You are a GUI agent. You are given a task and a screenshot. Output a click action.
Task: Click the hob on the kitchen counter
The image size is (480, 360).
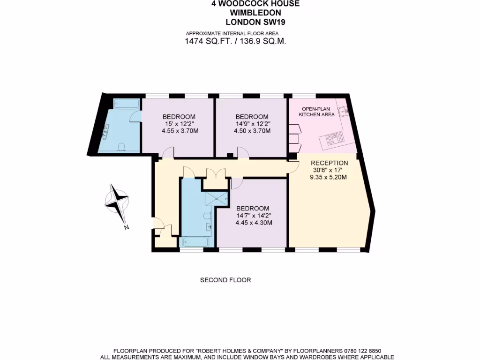coord(332,138)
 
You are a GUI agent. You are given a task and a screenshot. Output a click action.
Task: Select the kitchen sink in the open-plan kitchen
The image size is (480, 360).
coord(344,111)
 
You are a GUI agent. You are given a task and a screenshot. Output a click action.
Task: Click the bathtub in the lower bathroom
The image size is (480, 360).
coord(196,242)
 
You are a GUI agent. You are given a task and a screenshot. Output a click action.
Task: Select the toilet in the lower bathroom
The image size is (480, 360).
coord(207,216)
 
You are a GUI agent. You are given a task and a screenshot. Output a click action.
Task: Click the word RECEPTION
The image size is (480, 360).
coord(330,163)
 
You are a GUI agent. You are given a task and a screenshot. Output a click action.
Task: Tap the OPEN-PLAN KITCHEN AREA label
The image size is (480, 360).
coord(319,112)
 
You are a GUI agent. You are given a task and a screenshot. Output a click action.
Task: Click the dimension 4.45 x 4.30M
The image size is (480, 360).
coord(254,223)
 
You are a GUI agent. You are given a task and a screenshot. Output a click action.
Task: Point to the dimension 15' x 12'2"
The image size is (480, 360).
coord(179,124)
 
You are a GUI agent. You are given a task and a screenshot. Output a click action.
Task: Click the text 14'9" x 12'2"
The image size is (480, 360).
coord(252,124)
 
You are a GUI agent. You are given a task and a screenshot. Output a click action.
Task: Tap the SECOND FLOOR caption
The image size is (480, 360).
coord(225,280)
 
